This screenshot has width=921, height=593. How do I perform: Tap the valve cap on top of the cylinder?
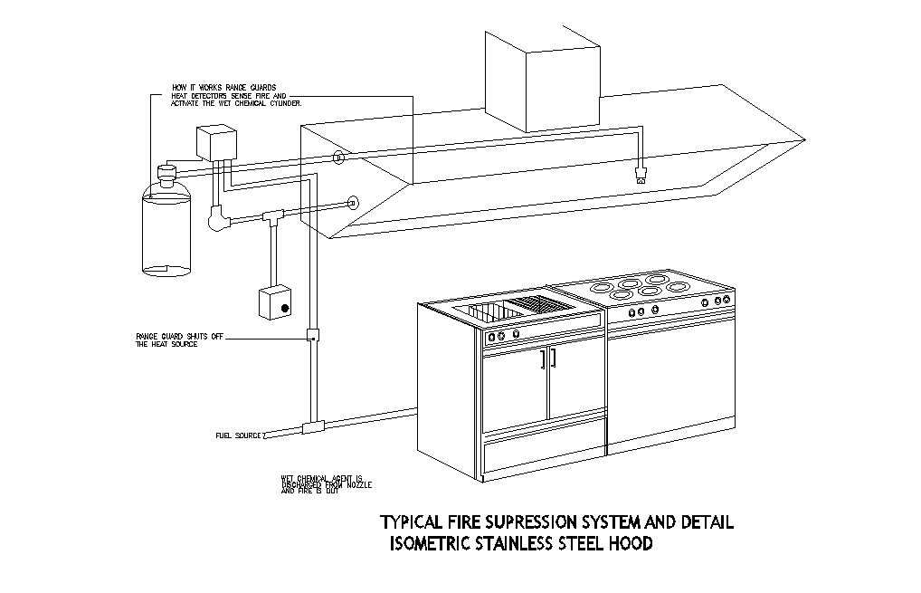tap(166, 171)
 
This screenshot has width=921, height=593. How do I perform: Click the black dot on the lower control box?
tap(284, 310)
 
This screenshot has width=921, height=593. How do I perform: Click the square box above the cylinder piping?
tap(216, 143)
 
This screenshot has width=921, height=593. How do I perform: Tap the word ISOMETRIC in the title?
tap(431, 544)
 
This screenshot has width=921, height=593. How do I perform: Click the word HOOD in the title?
tap(631, 544)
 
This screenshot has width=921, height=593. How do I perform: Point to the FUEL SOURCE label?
tap(238, 435)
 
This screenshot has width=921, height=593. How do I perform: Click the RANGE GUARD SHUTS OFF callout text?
tap(179, 335)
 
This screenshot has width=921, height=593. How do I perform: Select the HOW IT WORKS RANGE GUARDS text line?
tap(211, 88)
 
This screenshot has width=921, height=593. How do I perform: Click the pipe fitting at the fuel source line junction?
tap(313, 426)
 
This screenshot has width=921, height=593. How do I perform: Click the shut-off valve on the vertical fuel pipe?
tap(312, 334)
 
